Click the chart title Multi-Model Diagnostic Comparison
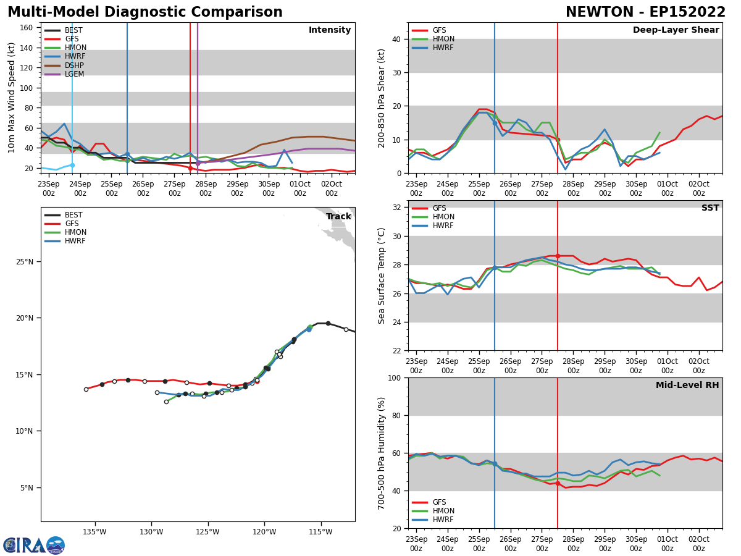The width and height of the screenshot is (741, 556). coord(145,12)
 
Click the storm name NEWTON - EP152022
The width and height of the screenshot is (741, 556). coord(645,12)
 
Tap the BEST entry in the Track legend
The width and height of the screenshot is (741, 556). coord(73,215)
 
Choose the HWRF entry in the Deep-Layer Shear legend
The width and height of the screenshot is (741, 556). coord(441,48)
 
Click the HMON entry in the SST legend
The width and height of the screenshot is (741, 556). coord(441,217)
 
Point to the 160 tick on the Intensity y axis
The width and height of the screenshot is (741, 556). coord(28,27)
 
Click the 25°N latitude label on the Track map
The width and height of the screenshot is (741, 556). coord(25,262)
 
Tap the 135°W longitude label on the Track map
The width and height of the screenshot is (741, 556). coord(94,531)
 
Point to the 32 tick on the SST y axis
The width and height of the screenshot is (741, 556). coord(398,208)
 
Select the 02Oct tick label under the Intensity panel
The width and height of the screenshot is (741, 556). coord(332,188)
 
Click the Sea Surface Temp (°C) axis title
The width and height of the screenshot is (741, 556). coord(382,276)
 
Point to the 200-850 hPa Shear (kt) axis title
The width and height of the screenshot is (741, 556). coord(382,98)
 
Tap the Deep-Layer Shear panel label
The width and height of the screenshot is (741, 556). coord(676,30)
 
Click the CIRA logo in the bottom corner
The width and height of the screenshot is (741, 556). coord(34,545)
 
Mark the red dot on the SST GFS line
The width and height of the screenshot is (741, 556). coord(558,256)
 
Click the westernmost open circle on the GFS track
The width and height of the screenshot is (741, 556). coord(86,389)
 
